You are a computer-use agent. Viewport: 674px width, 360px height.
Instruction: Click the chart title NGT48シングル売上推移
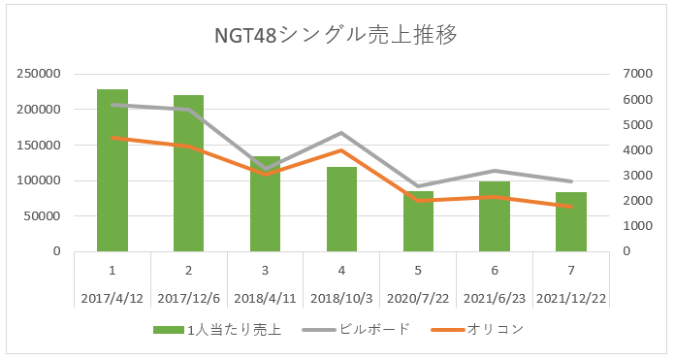[336, 34]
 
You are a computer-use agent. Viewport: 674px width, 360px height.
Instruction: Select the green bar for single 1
[112, 171]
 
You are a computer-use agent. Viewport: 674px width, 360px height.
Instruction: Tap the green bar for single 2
[189, 173]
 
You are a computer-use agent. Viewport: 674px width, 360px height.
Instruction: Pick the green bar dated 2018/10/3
[341, 209]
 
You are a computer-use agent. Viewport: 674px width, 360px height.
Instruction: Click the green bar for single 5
[418, 221]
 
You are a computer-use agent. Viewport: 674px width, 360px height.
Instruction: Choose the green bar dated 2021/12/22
[571, 221]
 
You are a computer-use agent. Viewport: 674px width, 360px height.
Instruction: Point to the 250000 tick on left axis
[39, 74]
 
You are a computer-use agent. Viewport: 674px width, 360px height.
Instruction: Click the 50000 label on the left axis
[42, 216]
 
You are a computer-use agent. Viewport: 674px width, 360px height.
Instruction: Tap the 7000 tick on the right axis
[637, 74]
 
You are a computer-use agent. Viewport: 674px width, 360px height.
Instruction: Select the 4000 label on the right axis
[637, 150]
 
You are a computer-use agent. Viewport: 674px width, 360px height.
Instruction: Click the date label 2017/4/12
[112, 298]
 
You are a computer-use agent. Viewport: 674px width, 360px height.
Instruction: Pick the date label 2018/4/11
[265, 298]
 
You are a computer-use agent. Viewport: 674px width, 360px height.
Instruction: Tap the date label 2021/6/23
[495, 298]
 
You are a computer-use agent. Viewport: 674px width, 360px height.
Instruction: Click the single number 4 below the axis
[341, 270]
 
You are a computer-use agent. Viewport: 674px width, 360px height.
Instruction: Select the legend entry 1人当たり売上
[217, 330]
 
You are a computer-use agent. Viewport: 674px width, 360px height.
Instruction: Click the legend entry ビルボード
[356, 330]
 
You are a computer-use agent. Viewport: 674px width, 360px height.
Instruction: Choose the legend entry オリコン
[477, 330]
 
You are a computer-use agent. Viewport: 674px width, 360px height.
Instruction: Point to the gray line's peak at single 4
[341, 133]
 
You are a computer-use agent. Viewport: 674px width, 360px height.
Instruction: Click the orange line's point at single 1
[112, 138]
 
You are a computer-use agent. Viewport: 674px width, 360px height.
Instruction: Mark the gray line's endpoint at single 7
[571, 181]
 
